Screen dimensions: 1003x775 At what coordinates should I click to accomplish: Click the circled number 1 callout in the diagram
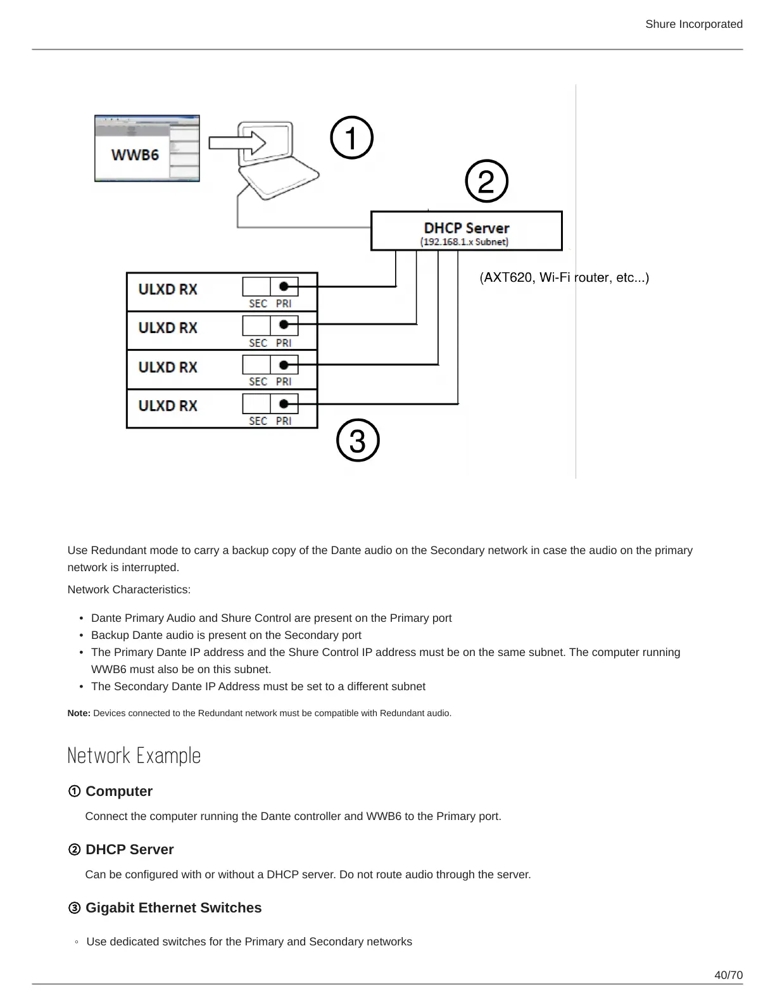352,137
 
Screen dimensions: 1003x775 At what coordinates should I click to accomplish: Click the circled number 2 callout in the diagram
486,182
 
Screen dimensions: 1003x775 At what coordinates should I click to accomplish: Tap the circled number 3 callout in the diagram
358,441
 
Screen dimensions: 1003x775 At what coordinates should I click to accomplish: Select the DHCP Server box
466,231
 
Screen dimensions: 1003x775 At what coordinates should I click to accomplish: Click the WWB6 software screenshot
147,149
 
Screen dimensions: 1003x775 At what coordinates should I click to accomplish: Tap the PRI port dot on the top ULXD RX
284,286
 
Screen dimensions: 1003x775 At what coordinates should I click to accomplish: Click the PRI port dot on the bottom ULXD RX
284,403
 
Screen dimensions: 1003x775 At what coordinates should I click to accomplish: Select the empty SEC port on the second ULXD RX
256,325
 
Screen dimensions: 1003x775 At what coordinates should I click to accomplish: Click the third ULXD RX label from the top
168,367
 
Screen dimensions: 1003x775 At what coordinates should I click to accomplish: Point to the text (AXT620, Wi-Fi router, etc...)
564,277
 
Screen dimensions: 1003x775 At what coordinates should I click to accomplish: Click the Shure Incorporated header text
693,24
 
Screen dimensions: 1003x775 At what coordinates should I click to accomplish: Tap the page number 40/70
728,975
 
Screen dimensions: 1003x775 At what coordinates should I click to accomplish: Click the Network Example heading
134,755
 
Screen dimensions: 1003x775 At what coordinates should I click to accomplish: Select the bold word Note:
79,713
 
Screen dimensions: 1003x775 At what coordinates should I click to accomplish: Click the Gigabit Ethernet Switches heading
173,907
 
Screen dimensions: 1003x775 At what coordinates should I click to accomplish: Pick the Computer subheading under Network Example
118,791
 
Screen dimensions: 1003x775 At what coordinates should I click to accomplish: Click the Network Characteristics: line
129,590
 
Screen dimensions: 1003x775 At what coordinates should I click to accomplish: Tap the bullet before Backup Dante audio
82,635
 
